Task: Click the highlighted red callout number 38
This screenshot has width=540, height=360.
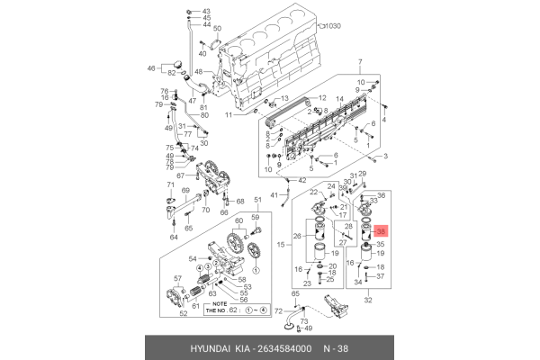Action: [x=381, y=231]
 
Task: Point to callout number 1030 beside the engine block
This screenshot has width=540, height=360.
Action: [x=336, y=27]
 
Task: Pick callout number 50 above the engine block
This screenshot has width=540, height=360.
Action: [x=217, y=29]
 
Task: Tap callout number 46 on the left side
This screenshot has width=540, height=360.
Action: [x=151, y=67]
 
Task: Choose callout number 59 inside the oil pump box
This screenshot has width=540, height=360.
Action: [x=256, y=218]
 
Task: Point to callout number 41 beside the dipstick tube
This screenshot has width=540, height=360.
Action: [x=274, y=194]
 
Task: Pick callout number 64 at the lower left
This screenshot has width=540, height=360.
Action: [x=174, y=238]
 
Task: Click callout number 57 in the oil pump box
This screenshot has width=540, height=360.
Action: [x=177, y=279]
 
